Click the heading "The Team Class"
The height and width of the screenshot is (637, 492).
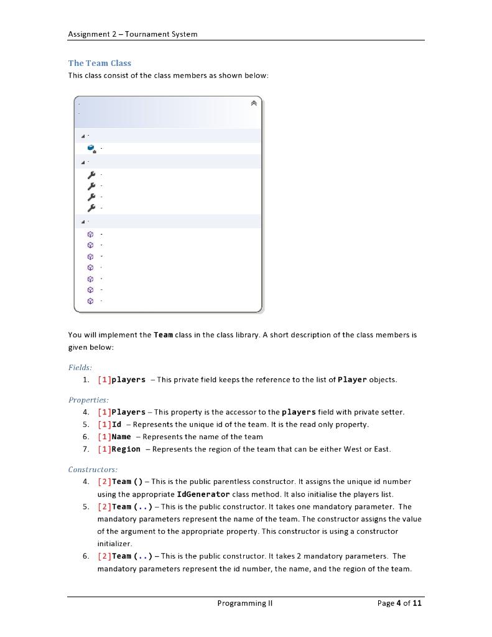click(x=100, y=63)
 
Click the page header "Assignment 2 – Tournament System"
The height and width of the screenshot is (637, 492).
click(x=132, y=34)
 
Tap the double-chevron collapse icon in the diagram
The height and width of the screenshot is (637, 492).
click(x=253, y=103)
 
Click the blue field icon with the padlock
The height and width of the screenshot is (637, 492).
click(x=91, y=149)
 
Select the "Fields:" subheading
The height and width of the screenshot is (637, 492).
click(x=80, y=368)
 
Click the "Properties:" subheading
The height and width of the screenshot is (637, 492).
click(x=88, y=400)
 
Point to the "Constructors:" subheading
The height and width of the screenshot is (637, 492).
click(x=93, y=470)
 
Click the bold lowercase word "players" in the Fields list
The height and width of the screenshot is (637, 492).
click(x=128, y=379)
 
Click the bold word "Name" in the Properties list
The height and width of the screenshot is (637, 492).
click(x=121, y=437)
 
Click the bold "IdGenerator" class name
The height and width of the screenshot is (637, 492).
click(x=203, y=494)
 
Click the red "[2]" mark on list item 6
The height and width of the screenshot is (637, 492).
click(x=104, y=556)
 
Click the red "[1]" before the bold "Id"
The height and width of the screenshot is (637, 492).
click(x=104, y=424)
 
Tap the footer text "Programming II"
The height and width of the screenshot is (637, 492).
click(x=245, y=603)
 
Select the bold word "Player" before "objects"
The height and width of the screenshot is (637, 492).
click(x=352, y=379)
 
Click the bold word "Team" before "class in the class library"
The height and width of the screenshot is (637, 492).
click(x=163, y=335)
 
